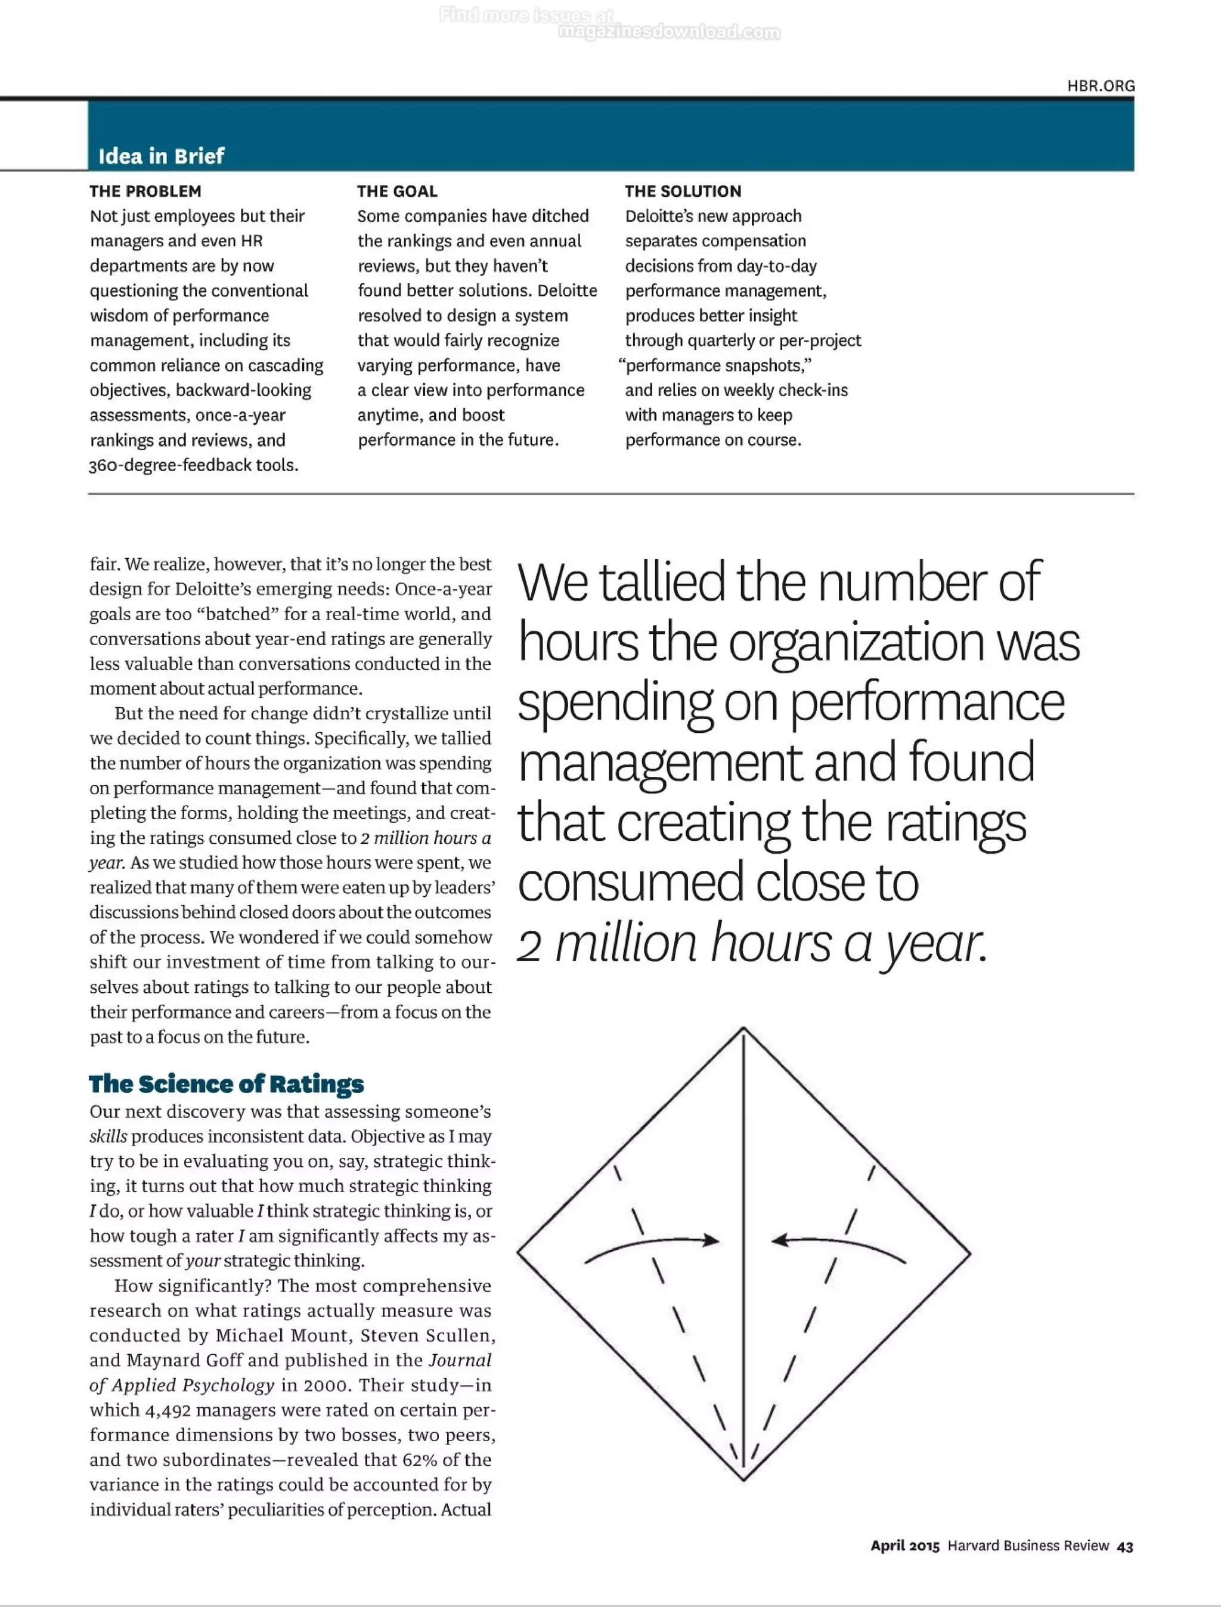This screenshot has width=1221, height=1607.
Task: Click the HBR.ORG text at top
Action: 1101,86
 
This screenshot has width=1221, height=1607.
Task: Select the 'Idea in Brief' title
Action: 162,156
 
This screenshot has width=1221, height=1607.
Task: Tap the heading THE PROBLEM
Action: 145,191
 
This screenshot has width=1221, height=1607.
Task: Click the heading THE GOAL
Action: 397,191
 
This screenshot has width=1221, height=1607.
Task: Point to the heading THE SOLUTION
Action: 683,191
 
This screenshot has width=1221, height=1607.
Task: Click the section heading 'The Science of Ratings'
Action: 226,1083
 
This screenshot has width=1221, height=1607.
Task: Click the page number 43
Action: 1124,1547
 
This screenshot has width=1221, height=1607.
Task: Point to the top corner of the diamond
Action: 743,1029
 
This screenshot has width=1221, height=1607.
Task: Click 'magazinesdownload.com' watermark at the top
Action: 669,32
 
